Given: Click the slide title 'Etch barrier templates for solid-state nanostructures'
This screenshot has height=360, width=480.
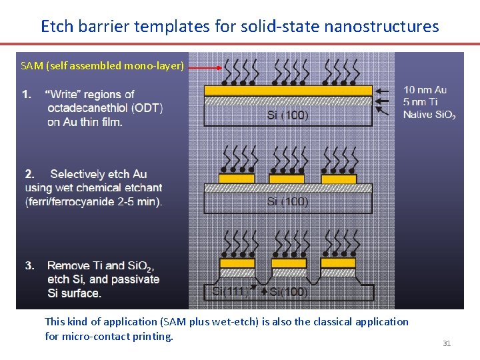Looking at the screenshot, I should [240, 26].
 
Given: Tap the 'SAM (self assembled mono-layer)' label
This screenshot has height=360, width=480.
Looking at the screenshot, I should [102, 65].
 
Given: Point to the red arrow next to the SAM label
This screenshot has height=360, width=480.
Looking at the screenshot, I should [205, 67].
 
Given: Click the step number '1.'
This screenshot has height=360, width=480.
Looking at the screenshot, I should [27, 94].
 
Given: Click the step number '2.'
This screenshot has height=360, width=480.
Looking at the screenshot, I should [30, 174].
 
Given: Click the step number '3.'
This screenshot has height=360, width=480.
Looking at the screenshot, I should [30, 265].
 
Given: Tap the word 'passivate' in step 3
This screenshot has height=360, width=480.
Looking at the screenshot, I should [136, 279].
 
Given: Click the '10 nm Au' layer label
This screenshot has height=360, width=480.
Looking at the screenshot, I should [425, 90].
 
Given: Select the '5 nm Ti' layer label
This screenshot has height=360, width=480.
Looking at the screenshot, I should [421, 102].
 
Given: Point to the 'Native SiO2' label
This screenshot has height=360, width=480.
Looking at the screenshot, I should [429, 115].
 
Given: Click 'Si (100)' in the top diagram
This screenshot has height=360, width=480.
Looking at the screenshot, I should [287, 115].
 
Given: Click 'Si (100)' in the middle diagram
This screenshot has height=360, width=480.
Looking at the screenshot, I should [287, 202].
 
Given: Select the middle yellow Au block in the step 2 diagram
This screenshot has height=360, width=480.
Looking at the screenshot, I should [287, 179].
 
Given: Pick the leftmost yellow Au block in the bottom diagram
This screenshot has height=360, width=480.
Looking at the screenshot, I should [237, 263].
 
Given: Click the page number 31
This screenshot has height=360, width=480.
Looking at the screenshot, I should [447, 343].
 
